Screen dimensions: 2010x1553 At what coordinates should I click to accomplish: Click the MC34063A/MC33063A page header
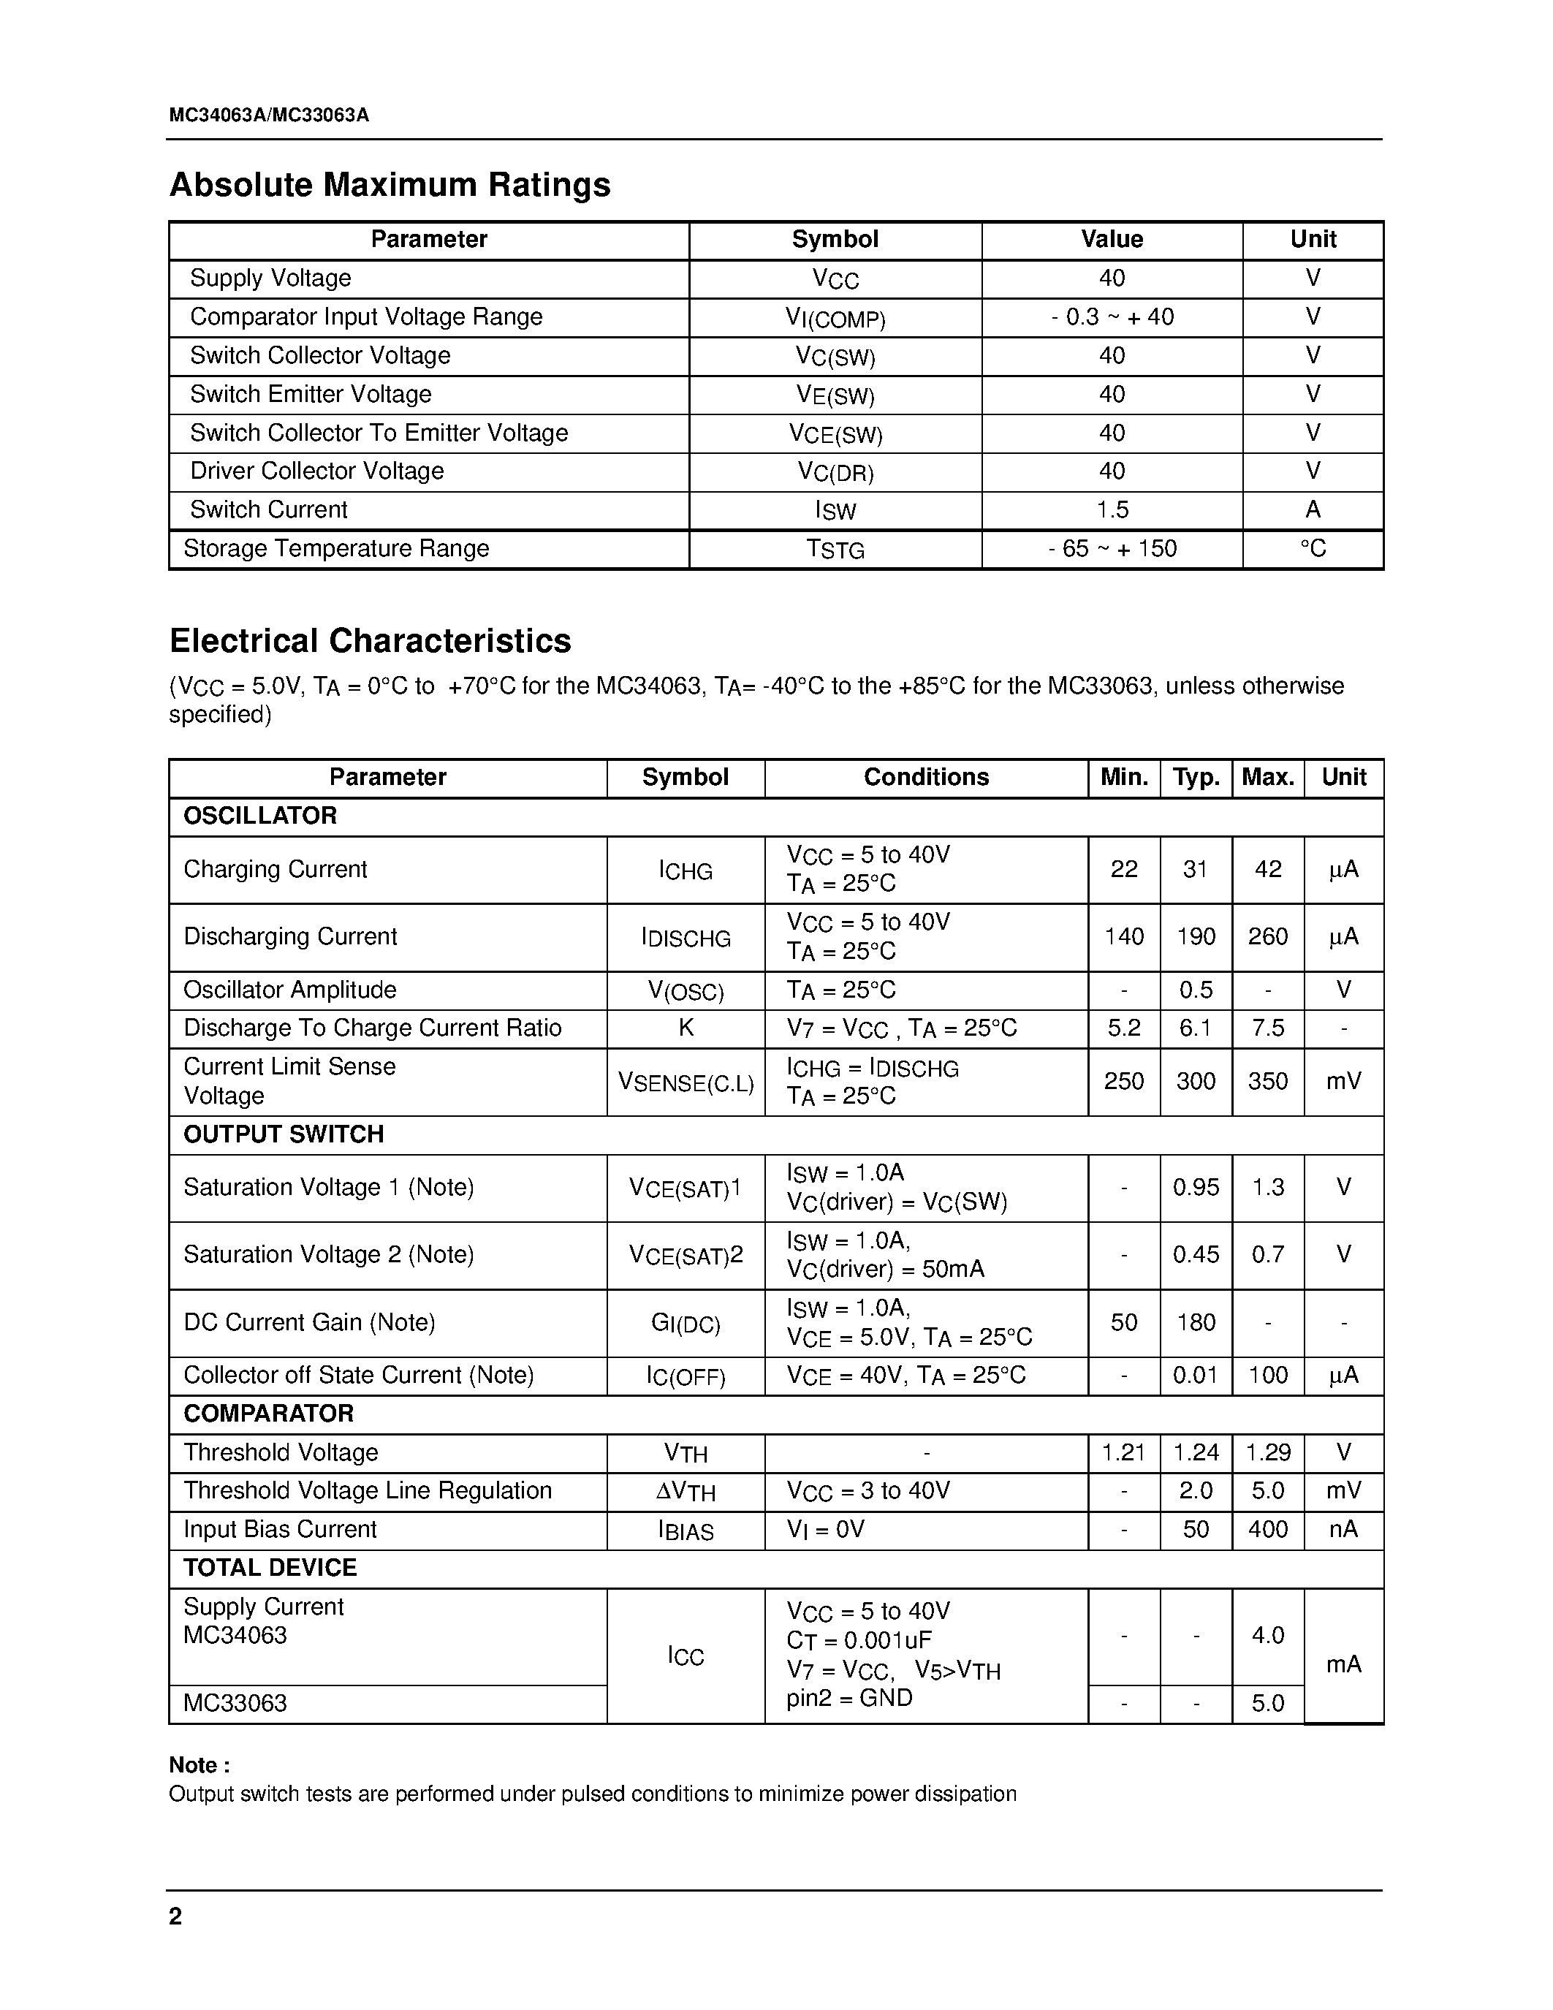[269, 115]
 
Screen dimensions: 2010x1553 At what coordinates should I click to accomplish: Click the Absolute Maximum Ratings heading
[390, 185]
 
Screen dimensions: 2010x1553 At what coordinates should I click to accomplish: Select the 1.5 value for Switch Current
[1112, 510]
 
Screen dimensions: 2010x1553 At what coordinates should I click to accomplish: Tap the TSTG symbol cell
[835, 550]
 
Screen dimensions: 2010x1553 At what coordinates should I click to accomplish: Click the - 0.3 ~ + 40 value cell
[1112, 317]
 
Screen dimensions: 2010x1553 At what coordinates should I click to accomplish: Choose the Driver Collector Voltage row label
[316, 471]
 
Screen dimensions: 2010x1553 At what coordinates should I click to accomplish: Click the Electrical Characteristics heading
[370, 640]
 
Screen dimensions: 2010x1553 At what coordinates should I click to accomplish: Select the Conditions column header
[925, 778]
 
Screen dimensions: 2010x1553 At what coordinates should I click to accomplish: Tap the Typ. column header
[1195, 778]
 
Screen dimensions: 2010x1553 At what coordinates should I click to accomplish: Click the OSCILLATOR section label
[260, 816]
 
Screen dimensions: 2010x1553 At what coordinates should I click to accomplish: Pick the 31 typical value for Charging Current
[1195, 870]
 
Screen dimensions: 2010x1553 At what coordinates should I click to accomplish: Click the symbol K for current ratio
[686, 1028]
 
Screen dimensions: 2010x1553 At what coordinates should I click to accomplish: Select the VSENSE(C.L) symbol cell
[686, 1083]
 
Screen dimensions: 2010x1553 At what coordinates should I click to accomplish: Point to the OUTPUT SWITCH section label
[284, 1135]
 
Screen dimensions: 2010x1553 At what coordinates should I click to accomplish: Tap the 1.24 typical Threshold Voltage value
[1195, 1453]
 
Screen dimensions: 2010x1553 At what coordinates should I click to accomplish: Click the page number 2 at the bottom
[175, 1916]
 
